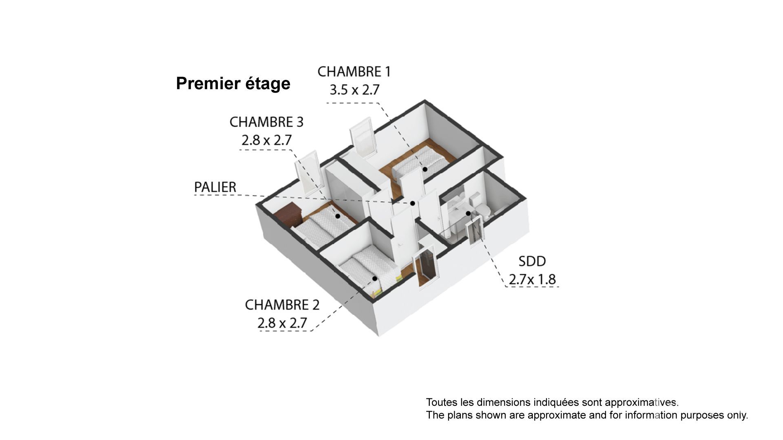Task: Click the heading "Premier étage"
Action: click(233, 84)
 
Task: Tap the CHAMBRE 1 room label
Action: click(354, 72)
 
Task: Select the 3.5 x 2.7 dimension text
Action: click(354, 90)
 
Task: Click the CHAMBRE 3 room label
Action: click(266, 122)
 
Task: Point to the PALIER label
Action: click(215, 187)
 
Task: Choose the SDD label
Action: click(532, 261)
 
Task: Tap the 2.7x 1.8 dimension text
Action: click(532, 279)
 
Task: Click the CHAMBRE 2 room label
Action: click(282, 305)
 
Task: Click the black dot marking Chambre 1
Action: click(425, 169)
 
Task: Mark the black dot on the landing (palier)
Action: click(413, 203)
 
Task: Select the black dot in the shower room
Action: click(468, 213)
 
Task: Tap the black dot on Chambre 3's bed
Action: click(338, 216)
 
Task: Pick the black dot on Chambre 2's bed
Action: click(374, 279)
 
